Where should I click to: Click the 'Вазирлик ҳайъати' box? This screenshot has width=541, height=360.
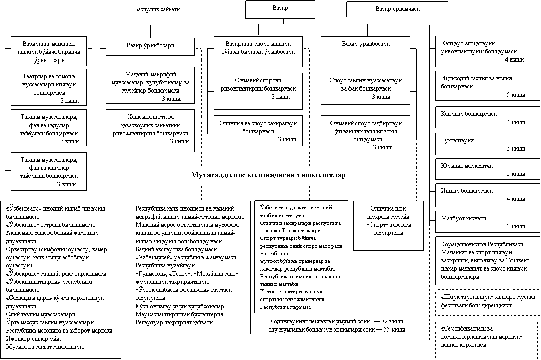(x=156, y=9)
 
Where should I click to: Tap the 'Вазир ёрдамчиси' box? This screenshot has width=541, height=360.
(x=397, y=9)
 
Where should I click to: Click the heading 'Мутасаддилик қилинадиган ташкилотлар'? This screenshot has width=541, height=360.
(x=267, y=176)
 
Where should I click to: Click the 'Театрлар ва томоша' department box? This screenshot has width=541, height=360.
(x=49, y=86)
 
